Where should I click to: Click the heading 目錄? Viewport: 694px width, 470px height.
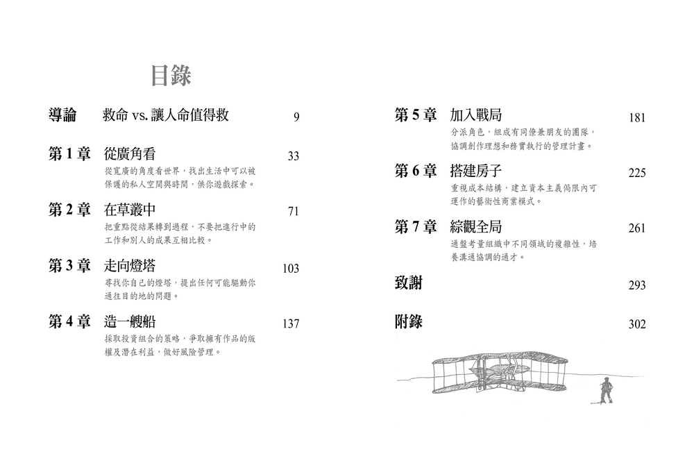(x=171, y=75)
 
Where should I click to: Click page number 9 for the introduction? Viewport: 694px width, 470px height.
(x=296, y=117)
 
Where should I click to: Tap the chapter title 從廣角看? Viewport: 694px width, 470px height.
(x=130, y=154)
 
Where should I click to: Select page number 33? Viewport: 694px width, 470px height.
(x=293, y=156)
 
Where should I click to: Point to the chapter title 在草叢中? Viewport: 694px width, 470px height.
(x=130, y=210)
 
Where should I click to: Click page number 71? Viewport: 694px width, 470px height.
(x=293, y=212)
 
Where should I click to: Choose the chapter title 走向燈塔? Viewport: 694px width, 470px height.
(x=130, y=266)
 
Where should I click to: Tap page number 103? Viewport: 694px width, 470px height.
(x=291, y=268)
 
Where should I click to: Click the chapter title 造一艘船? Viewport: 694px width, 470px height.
(x=130, y=321)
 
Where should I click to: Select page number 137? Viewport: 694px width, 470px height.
(x=291, y=324)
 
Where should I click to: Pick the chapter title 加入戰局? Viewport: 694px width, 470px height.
(x=476, y=115)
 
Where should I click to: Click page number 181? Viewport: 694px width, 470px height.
(x=637, y=118)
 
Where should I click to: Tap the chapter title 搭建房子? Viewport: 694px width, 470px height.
(x=476, y=171)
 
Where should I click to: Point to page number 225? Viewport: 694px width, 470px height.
(x=637, y=173)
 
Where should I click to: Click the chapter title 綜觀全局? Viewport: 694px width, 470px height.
(x=476, y=226)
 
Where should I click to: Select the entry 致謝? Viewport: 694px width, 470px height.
(x=409, y=283)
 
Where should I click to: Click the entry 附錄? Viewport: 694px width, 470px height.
(x=409, y=321)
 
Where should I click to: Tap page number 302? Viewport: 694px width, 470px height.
(x=637, y=324)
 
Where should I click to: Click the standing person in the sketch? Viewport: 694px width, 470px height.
(x=604, y=390)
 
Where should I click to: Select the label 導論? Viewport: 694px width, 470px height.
(x=62, y=115)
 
